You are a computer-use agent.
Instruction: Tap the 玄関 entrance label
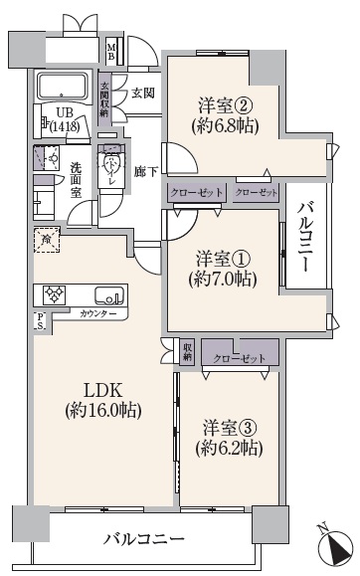coord(142,95)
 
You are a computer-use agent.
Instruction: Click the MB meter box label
coord(111,50)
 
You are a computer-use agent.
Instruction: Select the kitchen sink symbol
coord(105,294)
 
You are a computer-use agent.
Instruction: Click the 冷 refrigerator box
coord(44,238)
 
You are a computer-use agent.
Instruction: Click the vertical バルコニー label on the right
coord(306,237)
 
